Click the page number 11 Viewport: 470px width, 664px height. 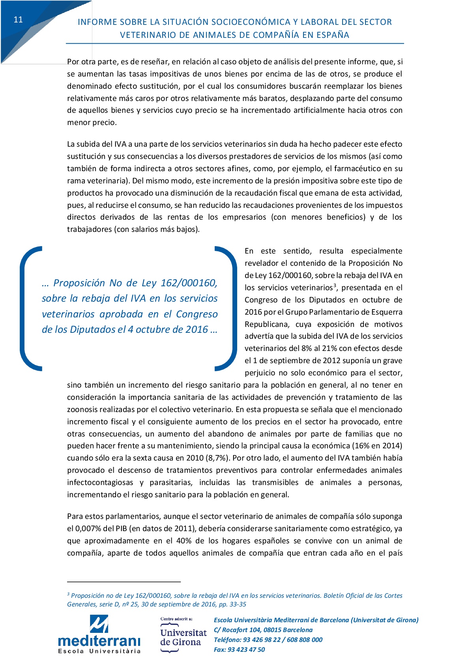coord(18,20)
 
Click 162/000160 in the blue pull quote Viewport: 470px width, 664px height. coord(189,283)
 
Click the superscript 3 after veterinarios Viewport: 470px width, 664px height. coord(335,285)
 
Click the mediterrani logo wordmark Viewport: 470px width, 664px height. coord(99,640)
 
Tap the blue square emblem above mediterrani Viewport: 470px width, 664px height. coord(99,624)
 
